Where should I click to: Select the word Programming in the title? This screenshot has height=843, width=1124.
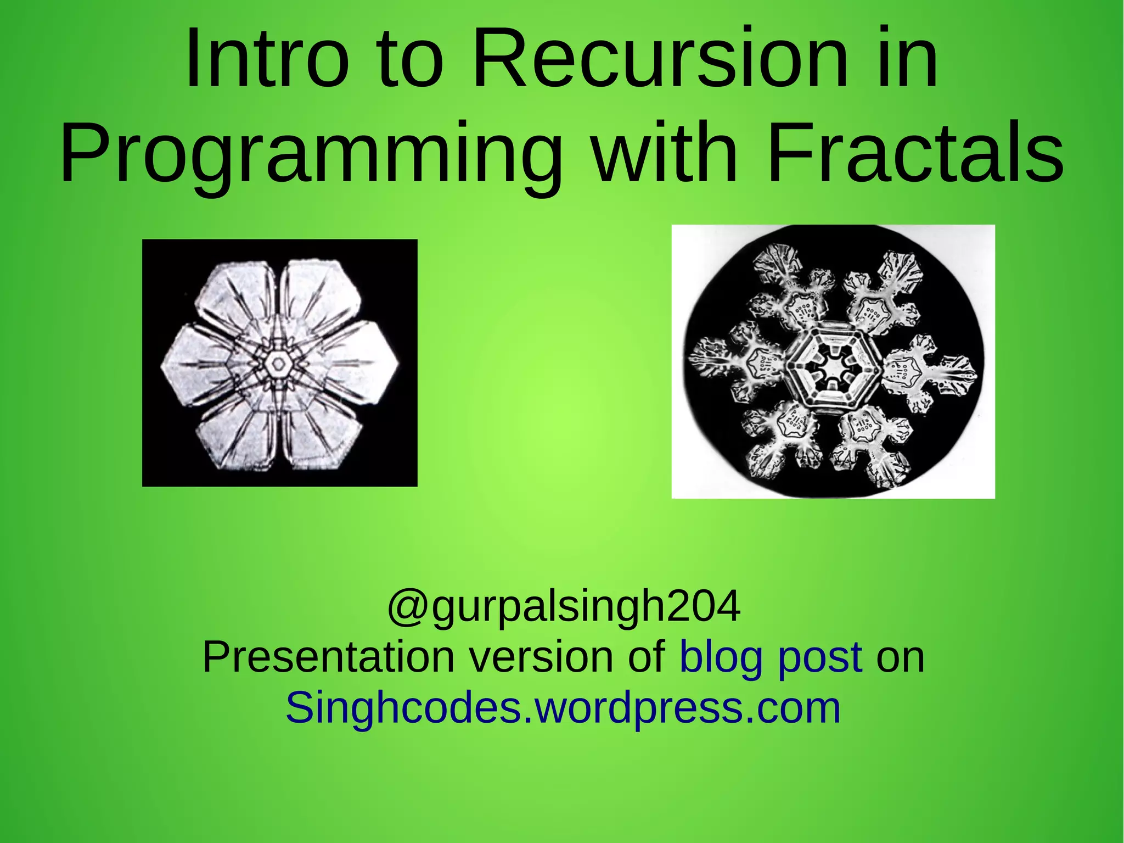coord(311,154)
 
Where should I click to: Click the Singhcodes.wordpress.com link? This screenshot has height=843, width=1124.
coord(563,708)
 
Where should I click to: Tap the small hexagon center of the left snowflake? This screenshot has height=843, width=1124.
coord(278,364)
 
